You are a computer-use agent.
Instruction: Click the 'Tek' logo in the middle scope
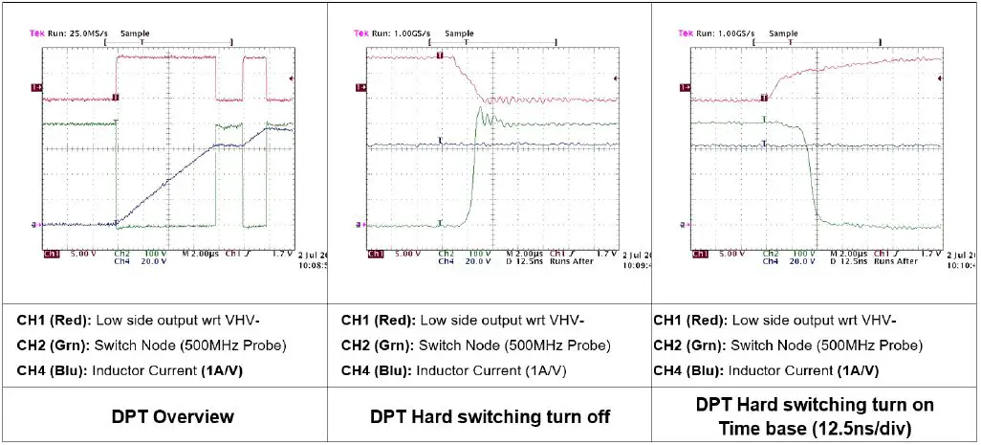[x=361, y=33]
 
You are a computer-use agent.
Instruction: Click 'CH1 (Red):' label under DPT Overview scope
[x=50, y=320]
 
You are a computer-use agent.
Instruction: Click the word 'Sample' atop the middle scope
[x=459, y=33]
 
